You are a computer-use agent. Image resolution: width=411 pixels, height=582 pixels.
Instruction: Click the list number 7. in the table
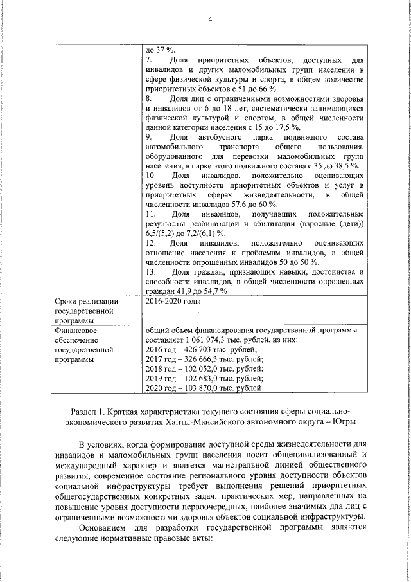pos(149,59)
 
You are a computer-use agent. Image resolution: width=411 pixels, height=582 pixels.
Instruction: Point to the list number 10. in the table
pos(152,176)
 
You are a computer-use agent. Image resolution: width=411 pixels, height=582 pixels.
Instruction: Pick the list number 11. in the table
pos(152,214)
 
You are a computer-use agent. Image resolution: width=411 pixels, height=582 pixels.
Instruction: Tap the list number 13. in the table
pos(152,281)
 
